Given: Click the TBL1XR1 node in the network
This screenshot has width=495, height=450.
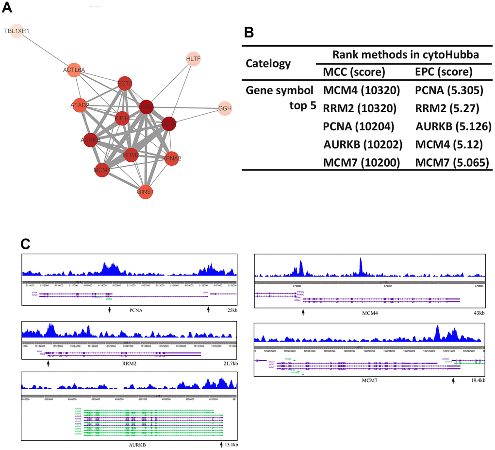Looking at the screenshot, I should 16,31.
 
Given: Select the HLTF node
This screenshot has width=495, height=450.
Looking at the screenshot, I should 193,59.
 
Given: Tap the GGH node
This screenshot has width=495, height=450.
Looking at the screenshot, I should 225,107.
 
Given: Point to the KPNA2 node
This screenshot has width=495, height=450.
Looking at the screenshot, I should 173,158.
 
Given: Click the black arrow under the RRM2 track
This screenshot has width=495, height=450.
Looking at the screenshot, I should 49,363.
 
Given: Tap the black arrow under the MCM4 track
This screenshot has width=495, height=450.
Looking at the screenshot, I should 303,313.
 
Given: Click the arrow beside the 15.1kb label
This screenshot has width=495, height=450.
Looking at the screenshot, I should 221,444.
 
